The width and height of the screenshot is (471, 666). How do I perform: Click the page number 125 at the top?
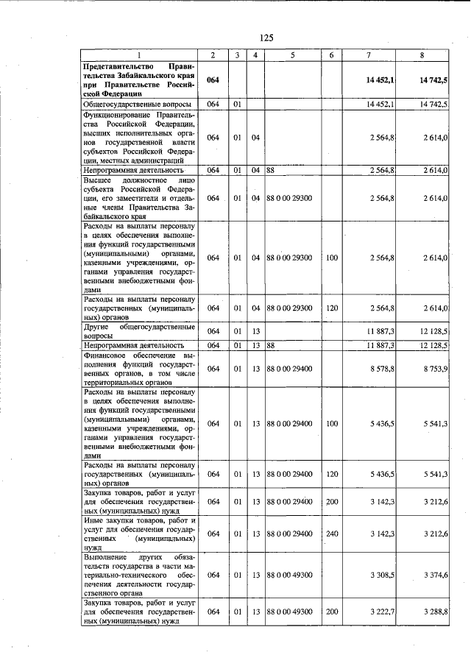point(266,38)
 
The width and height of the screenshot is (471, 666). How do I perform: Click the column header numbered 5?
point(292,56)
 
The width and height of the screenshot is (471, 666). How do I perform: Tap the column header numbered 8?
point(422,56)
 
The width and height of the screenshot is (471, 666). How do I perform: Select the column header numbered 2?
point(213,56)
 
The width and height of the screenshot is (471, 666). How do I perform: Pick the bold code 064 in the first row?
point(213,80)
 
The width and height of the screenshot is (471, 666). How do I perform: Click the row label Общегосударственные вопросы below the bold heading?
point(130,104)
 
